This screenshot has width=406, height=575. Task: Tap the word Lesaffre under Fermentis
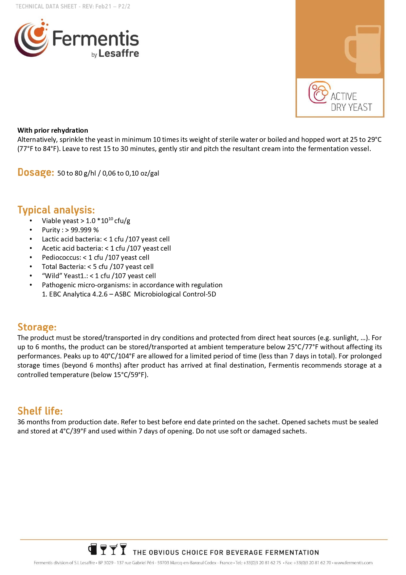pyautogui.click(x=119, y=53)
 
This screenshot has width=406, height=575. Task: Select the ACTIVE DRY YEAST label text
pyautogui.click(x=351, y=102)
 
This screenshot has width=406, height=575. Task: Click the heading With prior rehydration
pyautogui.click(x=53, y=130)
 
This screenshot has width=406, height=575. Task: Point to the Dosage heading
pyautogui.click(x=36, y=172)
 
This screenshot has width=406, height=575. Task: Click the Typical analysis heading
pyautogui.click(x=56, y=210)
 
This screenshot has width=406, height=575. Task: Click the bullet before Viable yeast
pyautogui.click(x=31, y=221)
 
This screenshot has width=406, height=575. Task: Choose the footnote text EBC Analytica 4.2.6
pyautogui.click(x=78, y=294)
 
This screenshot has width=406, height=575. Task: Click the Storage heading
pyautogui.click(x=37, y=327)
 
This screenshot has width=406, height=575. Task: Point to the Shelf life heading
pyautogui.click(x=40, y=411)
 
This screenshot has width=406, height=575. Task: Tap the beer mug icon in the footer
pyautogui.click(x=93, y=549)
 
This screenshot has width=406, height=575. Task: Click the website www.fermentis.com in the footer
pyautogui.click(x=353, y=563)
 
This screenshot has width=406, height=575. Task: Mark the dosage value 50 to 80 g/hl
pyautogui.click(x=77, y=173)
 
